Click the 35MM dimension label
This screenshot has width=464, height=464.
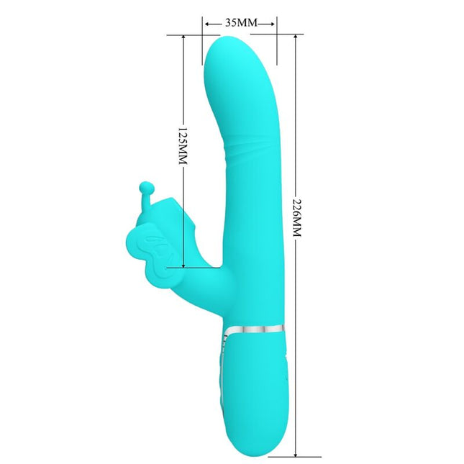tap(240, 23)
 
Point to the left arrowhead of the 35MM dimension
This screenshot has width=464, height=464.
tap(206, 23)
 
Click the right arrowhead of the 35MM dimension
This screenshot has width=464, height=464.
tap(273, 23)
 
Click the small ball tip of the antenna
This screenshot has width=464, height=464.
tap(147, 186)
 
